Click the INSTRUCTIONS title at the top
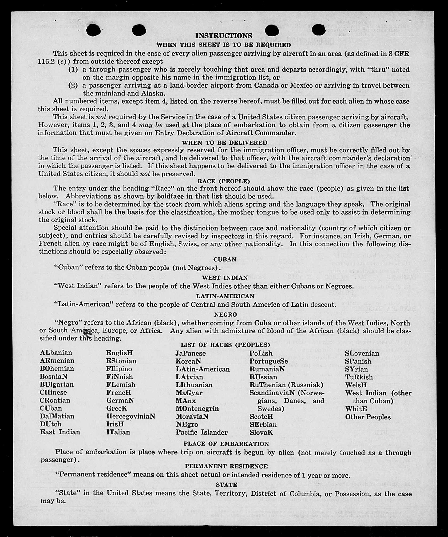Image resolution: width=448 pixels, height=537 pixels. tap(224, 36)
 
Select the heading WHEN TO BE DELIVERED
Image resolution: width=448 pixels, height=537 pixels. tap(224, 143)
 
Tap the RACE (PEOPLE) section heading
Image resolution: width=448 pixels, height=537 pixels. tap(224, 181)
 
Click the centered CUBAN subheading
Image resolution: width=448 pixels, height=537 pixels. tap(225, 260)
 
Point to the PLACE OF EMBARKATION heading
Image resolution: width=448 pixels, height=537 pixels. tap(226, 444)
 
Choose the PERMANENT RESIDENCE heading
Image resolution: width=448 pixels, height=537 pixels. tap(226, 466)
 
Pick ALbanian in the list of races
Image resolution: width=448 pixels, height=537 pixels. tap(56, 353)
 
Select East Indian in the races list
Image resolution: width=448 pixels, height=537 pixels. tap(60, 432)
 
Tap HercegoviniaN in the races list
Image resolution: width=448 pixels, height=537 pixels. tap(130, 416)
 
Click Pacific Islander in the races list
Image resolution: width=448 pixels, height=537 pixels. tap(202, 432)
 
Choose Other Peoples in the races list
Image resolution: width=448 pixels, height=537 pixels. tap(368, 417)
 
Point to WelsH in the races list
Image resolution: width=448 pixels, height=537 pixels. tap(356, 385)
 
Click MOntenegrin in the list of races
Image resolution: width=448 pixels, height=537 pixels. tap(197, 409)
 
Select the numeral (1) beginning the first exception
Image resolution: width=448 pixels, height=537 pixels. tap(73, 70)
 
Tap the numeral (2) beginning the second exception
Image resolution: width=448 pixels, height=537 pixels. tap(73, 86)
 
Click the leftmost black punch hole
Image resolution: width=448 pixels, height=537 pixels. tap(93, 30)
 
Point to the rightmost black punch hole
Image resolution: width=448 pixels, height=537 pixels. tap(318, 30)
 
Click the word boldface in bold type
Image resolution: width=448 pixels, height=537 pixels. tap(170, 197)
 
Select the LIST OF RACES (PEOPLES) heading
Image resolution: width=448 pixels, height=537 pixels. tap(225, 345)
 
